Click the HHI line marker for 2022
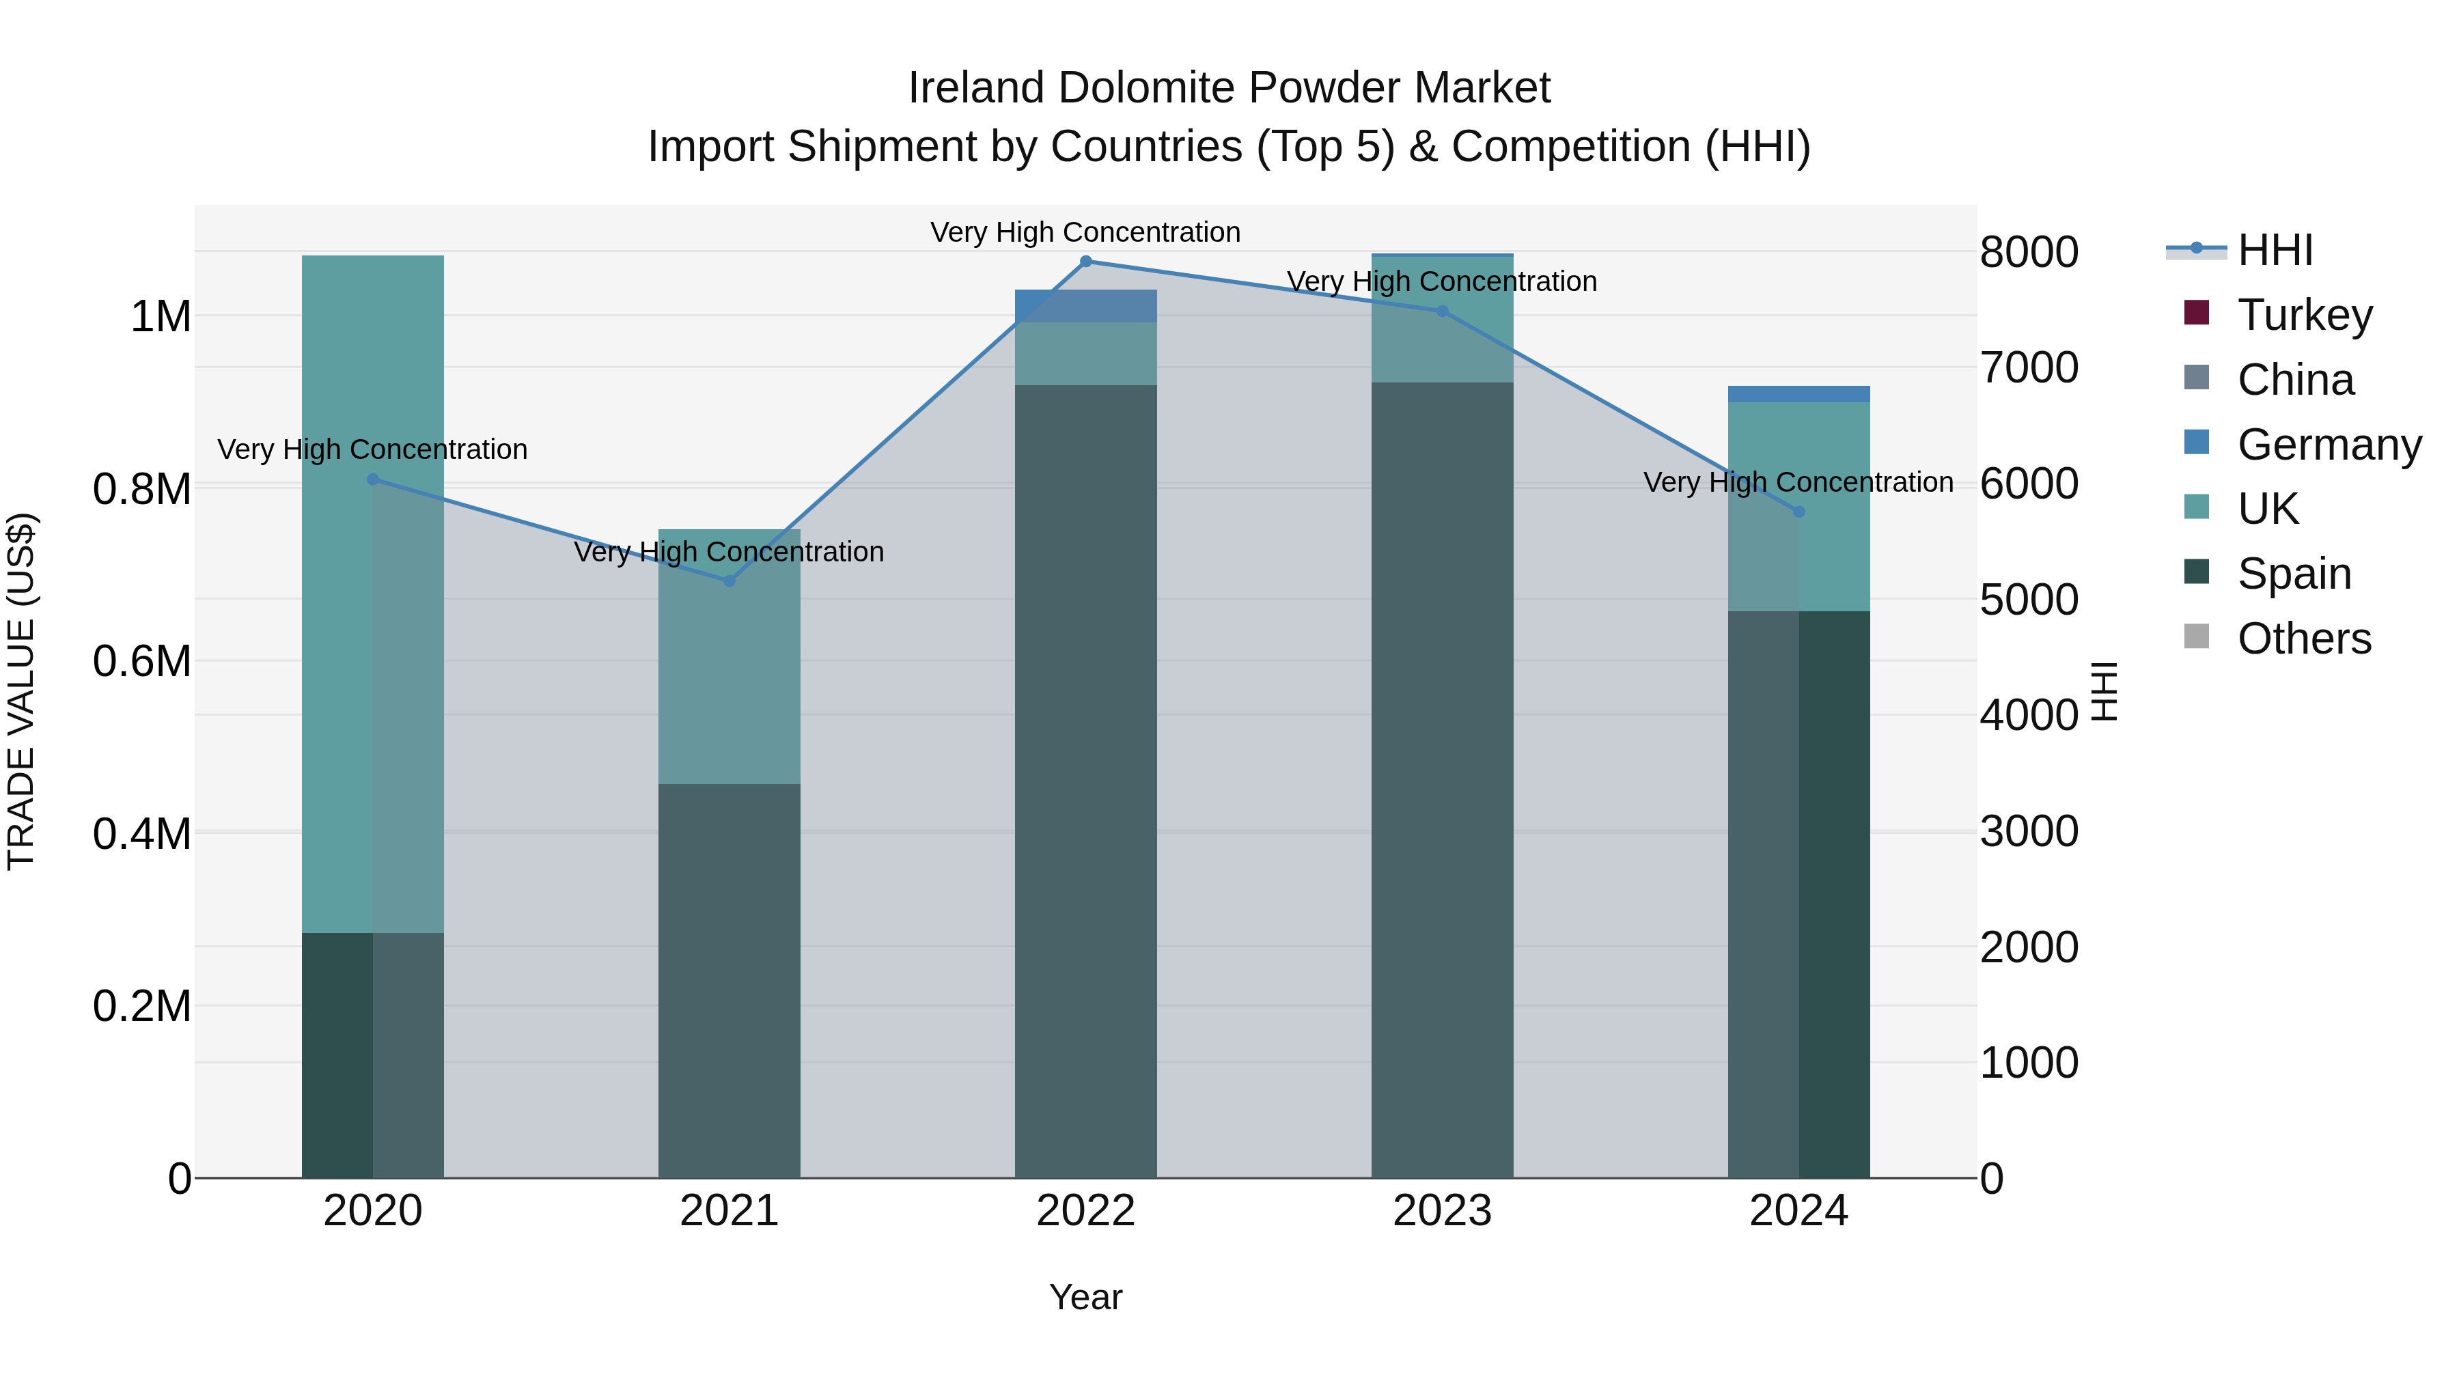pos(1085,262)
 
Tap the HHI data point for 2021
pos(730,581)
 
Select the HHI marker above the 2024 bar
pos(1798,512)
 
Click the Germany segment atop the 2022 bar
pos(1085,305)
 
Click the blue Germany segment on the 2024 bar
pos(1798,394)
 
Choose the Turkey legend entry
pos(2303,315)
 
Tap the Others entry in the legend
pos(2303,639)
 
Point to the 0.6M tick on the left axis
pos(142,661)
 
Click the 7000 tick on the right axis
pos(2029,367)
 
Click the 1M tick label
pos(161,317)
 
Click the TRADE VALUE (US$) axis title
pos(21,691)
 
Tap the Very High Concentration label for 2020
pos(372,449)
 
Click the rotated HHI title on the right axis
pos(2104,691)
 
